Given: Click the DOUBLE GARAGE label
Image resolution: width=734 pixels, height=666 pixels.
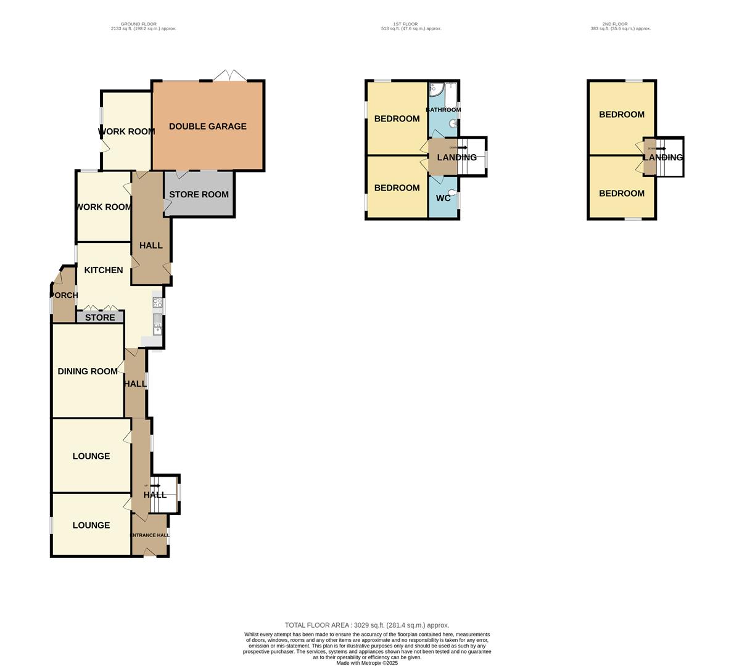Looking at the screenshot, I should [207, 126].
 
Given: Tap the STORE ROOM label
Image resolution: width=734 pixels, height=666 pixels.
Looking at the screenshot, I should [199, 194].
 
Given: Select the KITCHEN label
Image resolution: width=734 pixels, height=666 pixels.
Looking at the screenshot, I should [104, 270].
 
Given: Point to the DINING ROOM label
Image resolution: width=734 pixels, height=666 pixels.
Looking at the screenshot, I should [88, 371].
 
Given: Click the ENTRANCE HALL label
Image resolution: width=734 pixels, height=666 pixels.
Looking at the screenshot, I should [149, 535].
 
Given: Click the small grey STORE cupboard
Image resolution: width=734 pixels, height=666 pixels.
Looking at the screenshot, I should [100, 318].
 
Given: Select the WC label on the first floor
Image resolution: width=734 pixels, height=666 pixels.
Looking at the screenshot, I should [443, 199].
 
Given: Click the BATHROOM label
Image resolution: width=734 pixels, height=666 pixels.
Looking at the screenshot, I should [443, 110].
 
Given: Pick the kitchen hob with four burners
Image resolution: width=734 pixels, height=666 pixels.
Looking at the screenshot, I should [157, 303].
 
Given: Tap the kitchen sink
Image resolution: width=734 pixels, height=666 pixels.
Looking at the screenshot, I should [157, 324].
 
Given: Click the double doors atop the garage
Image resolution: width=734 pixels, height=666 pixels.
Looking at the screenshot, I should [229, 77].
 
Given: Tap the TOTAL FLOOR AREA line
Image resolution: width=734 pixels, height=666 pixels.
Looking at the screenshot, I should [367, 625].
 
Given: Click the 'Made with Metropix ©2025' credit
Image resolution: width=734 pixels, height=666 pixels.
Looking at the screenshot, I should [367, 663].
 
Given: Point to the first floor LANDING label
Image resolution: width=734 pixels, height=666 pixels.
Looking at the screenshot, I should [456, 157].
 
